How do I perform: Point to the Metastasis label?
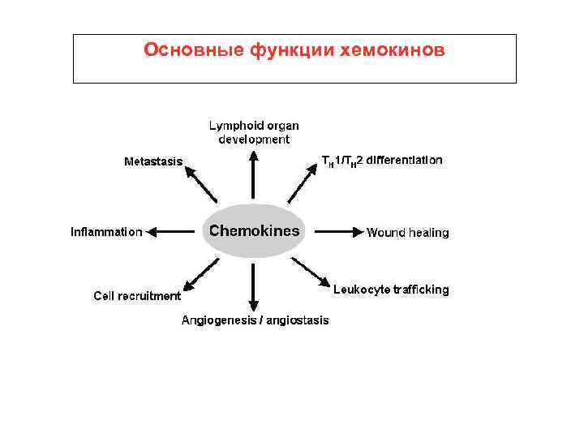153,161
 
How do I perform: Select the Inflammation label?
106,232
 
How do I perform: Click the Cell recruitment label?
137,296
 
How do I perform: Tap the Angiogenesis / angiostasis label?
255,320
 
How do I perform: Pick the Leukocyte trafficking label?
391,290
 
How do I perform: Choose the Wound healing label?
407,233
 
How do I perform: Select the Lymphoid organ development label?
254,132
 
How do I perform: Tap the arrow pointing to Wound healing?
334,232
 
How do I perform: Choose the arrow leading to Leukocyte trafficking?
311,273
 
